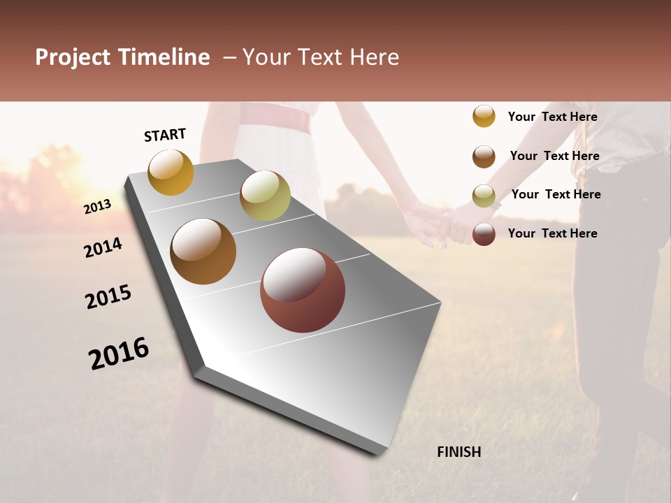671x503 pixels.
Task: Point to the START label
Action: point(165,134)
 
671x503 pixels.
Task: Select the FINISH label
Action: point(459,452)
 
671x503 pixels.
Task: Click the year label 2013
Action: point(97,207)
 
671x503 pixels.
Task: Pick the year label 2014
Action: point(103,247)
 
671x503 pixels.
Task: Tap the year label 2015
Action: point(108,297)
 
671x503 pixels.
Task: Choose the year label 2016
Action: point(119,353)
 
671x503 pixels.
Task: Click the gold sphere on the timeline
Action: point(171,172)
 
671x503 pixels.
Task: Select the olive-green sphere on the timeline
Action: point(265,196)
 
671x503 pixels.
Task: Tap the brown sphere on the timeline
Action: point(203,251)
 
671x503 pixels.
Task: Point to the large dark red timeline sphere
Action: point(303,290)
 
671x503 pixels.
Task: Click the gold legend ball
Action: point(484,116)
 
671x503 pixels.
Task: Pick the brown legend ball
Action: point(484,156)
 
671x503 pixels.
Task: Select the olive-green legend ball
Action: point(484,196)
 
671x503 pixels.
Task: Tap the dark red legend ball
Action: point(484,234)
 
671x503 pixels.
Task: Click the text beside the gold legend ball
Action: point(552,117)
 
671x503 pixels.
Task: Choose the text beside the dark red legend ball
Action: point(552,233)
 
